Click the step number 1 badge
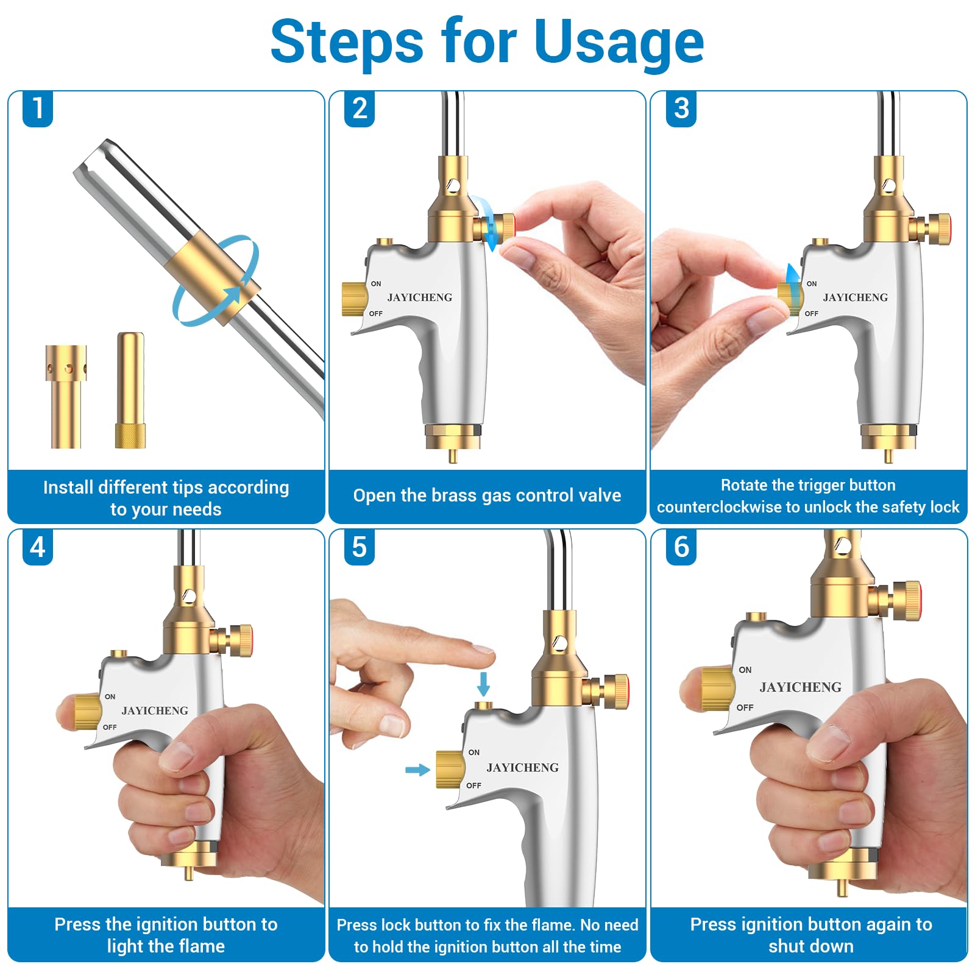point(38,108)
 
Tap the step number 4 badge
point(38,547)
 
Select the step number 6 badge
point(681,547)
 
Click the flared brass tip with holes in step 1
point(66,397)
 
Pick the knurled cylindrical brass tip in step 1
point(130,390)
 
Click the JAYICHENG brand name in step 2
point(420,297)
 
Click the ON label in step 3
point(812,284)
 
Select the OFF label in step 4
point(110,727)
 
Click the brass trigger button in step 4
point(87,712)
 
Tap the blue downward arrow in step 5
point(483,684)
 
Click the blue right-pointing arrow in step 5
point(417,770)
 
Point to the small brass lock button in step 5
point(484,706)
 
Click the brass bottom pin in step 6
point(842,887)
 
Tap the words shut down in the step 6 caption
point(811,946)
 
